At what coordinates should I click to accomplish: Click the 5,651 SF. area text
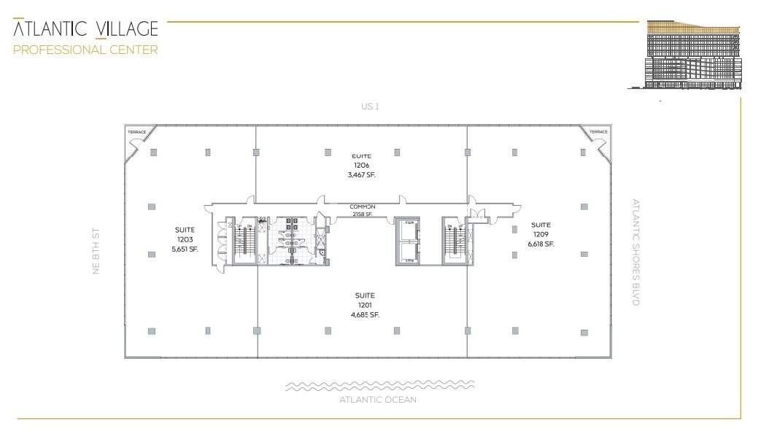pos(185,249)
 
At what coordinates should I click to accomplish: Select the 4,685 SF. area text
pos(365,315)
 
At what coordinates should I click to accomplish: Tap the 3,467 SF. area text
pos(362,175)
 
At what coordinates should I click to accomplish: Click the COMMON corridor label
pos(362,206)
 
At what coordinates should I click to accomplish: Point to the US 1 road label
pos(370,107)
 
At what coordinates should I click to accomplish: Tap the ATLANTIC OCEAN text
pos(378,400)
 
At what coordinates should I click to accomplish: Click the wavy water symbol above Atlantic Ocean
pos(379,385)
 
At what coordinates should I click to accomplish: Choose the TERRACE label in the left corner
pos(136,132)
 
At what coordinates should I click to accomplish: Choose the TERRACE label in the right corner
pos(598,132)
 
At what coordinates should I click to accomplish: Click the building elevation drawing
pos(693,55)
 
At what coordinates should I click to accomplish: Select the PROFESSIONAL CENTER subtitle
pos(85,50)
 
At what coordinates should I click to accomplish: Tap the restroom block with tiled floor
pos(291,241)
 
